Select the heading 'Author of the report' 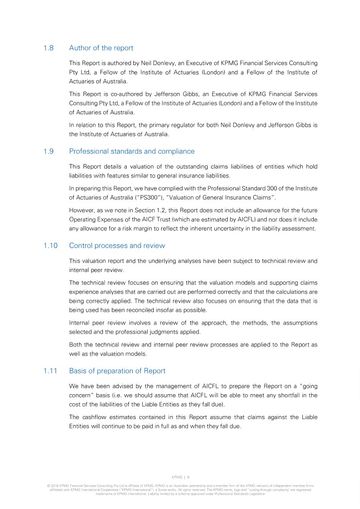pyautogui.click(x=101, y=48)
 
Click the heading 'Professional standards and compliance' pyautogui.click(x=132, y=151)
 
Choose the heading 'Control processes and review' pyautogui.click(x=117, y=246)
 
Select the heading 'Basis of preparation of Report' pyautogui.click(x=117, y=371)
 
